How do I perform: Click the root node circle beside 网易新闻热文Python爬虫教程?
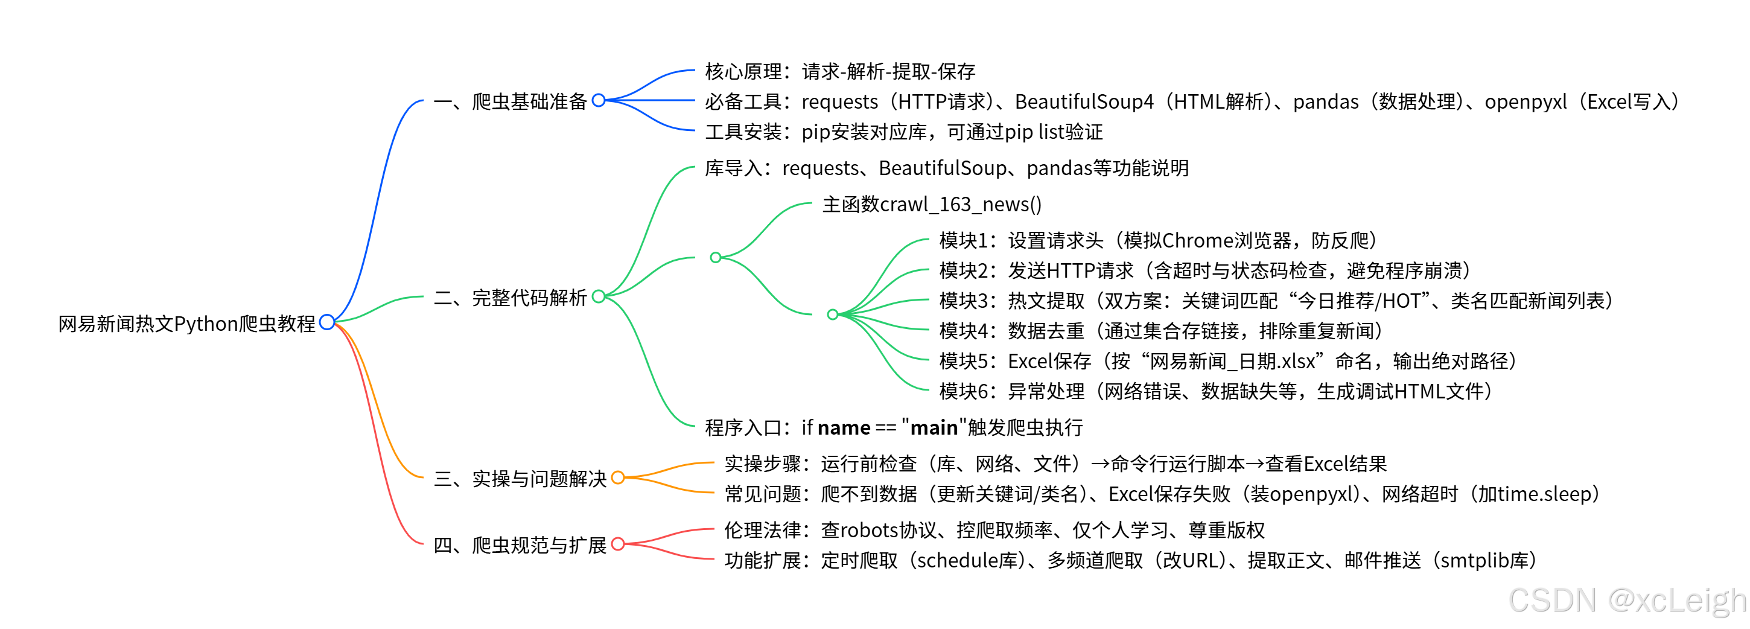pyautogui.click(x=326, y=322)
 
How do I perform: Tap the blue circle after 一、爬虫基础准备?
pyautogui.click(x=599, y=101)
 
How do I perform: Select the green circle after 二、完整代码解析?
pyautogui.click(x=599, y=296)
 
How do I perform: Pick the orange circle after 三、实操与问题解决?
pyautogui.click(x=617, y=477)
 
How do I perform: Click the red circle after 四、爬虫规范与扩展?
pyautogui.click(x=617, y=544)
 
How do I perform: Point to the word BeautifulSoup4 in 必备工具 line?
pyautogui.click(x=1084, y=102)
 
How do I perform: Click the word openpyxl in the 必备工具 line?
pyautogui.click(x=1525, y=102)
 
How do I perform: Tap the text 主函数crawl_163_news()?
pyautogui.click(x=931, y=205)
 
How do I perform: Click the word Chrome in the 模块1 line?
pyautogui.click(x=1197, y=240)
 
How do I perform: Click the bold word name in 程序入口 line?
pyautogui.click(x=844, y=428)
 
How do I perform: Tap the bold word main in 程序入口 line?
pyautogui.click(x=934, y=428)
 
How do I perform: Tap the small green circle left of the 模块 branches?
pyautogui.click(x=832, y=314)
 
